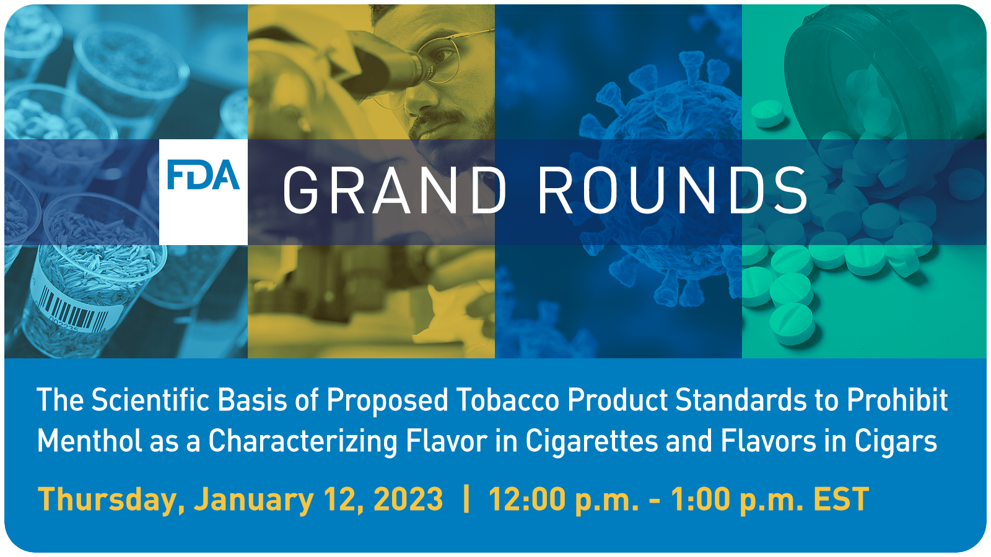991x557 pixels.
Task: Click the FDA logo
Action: click(x=204, y=175)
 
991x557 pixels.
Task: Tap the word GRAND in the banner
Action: click(x=395, y=191)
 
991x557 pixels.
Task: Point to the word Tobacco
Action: click(x=508, y=400)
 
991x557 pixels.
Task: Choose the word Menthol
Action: click(x=89, y=441)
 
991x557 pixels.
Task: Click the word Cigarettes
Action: click(x=592, y=442)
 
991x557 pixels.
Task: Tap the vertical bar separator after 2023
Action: click(x=466, y=499)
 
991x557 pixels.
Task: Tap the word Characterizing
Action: click(x=303, y=442)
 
